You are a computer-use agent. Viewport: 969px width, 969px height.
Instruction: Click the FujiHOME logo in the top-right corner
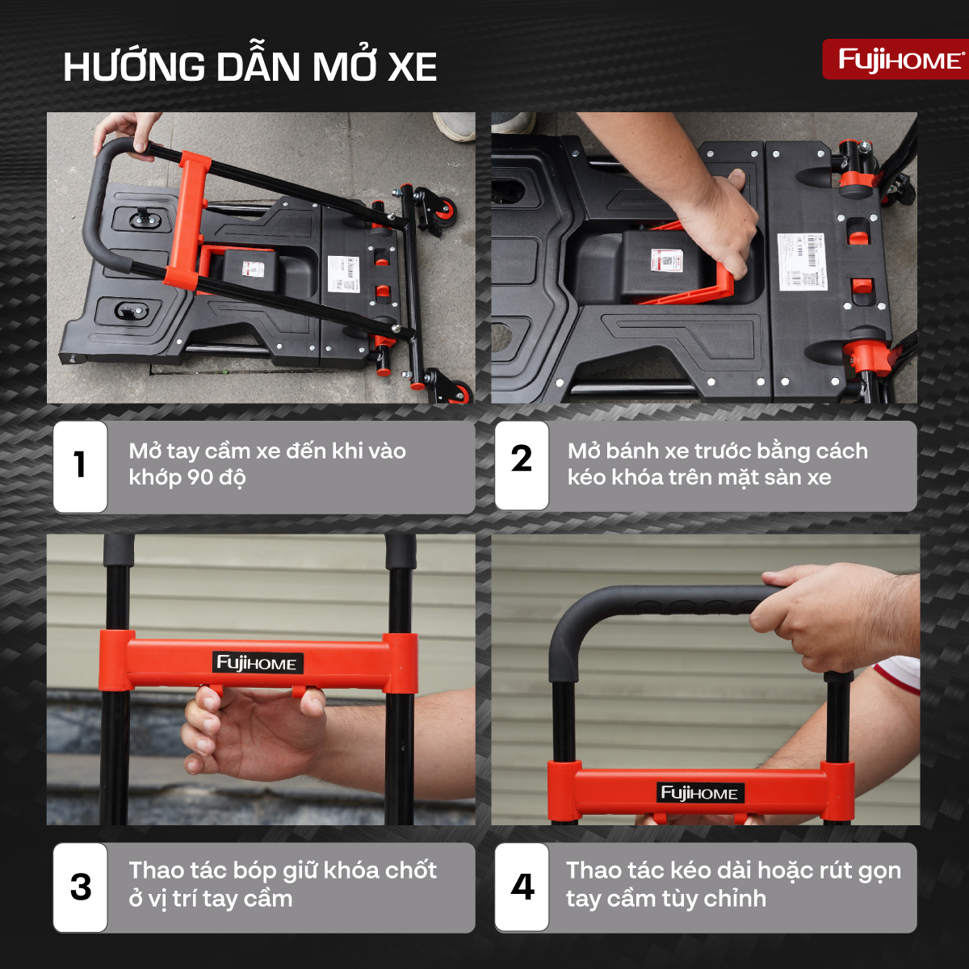pyautogui.click(x=895, y=60)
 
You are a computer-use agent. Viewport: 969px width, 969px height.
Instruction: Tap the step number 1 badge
pyautogui.click(x=80, y=466)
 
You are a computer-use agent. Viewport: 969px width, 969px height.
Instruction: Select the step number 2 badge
pyautogui.click(x=522, y=459)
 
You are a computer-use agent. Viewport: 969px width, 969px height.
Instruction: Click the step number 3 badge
pyautogui.click(x=80, y=887)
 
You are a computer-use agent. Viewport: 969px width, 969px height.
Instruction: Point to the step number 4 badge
pyautogui.click(x=522, y=887)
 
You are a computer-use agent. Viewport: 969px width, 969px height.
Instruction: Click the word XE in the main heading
pyautogui.click(x=413, y=68)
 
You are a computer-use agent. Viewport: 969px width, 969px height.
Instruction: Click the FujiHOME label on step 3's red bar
pyautogui.click(x=258, y=664)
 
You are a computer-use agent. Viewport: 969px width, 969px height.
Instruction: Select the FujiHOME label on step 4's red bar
pyautogui.click(x=699, y=793)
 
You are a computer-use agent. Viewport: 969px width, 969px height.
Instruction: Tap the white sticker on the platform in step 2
pyautogui.click(x=802, y=260)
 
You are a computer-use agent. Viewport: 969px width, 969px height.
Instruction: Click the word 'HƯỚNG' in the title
pyautogui.click(x=134, y=68)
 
